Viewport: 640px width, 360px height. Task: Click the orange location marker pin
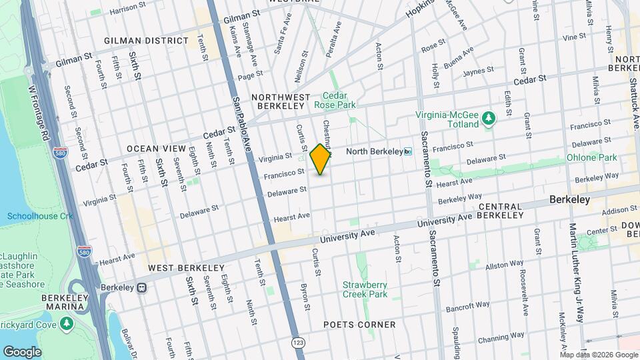click(x=321, y=159)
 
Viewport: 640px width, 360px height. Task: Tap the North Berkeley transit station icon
click(x=408, y=151)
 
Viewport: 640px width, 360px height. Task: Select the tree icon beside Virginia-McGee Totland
click(x=490, y=118)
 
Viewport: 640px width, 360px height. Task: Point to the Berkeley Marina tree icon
click(x=66, y=323)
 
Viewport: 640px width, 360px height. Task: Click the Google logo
click(x=22, y=351)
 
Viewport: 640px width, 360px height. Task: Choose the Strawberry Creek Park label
click(x=365, y=289)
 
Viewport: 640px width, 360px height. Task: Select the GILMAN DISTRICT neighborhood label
click(x=146, y=41)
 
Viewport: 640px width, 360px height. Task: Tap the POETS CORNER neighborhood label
click(x=359, y=325)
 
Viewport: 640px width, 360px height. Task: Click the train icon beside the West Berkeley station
click(x=142, y=288)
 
